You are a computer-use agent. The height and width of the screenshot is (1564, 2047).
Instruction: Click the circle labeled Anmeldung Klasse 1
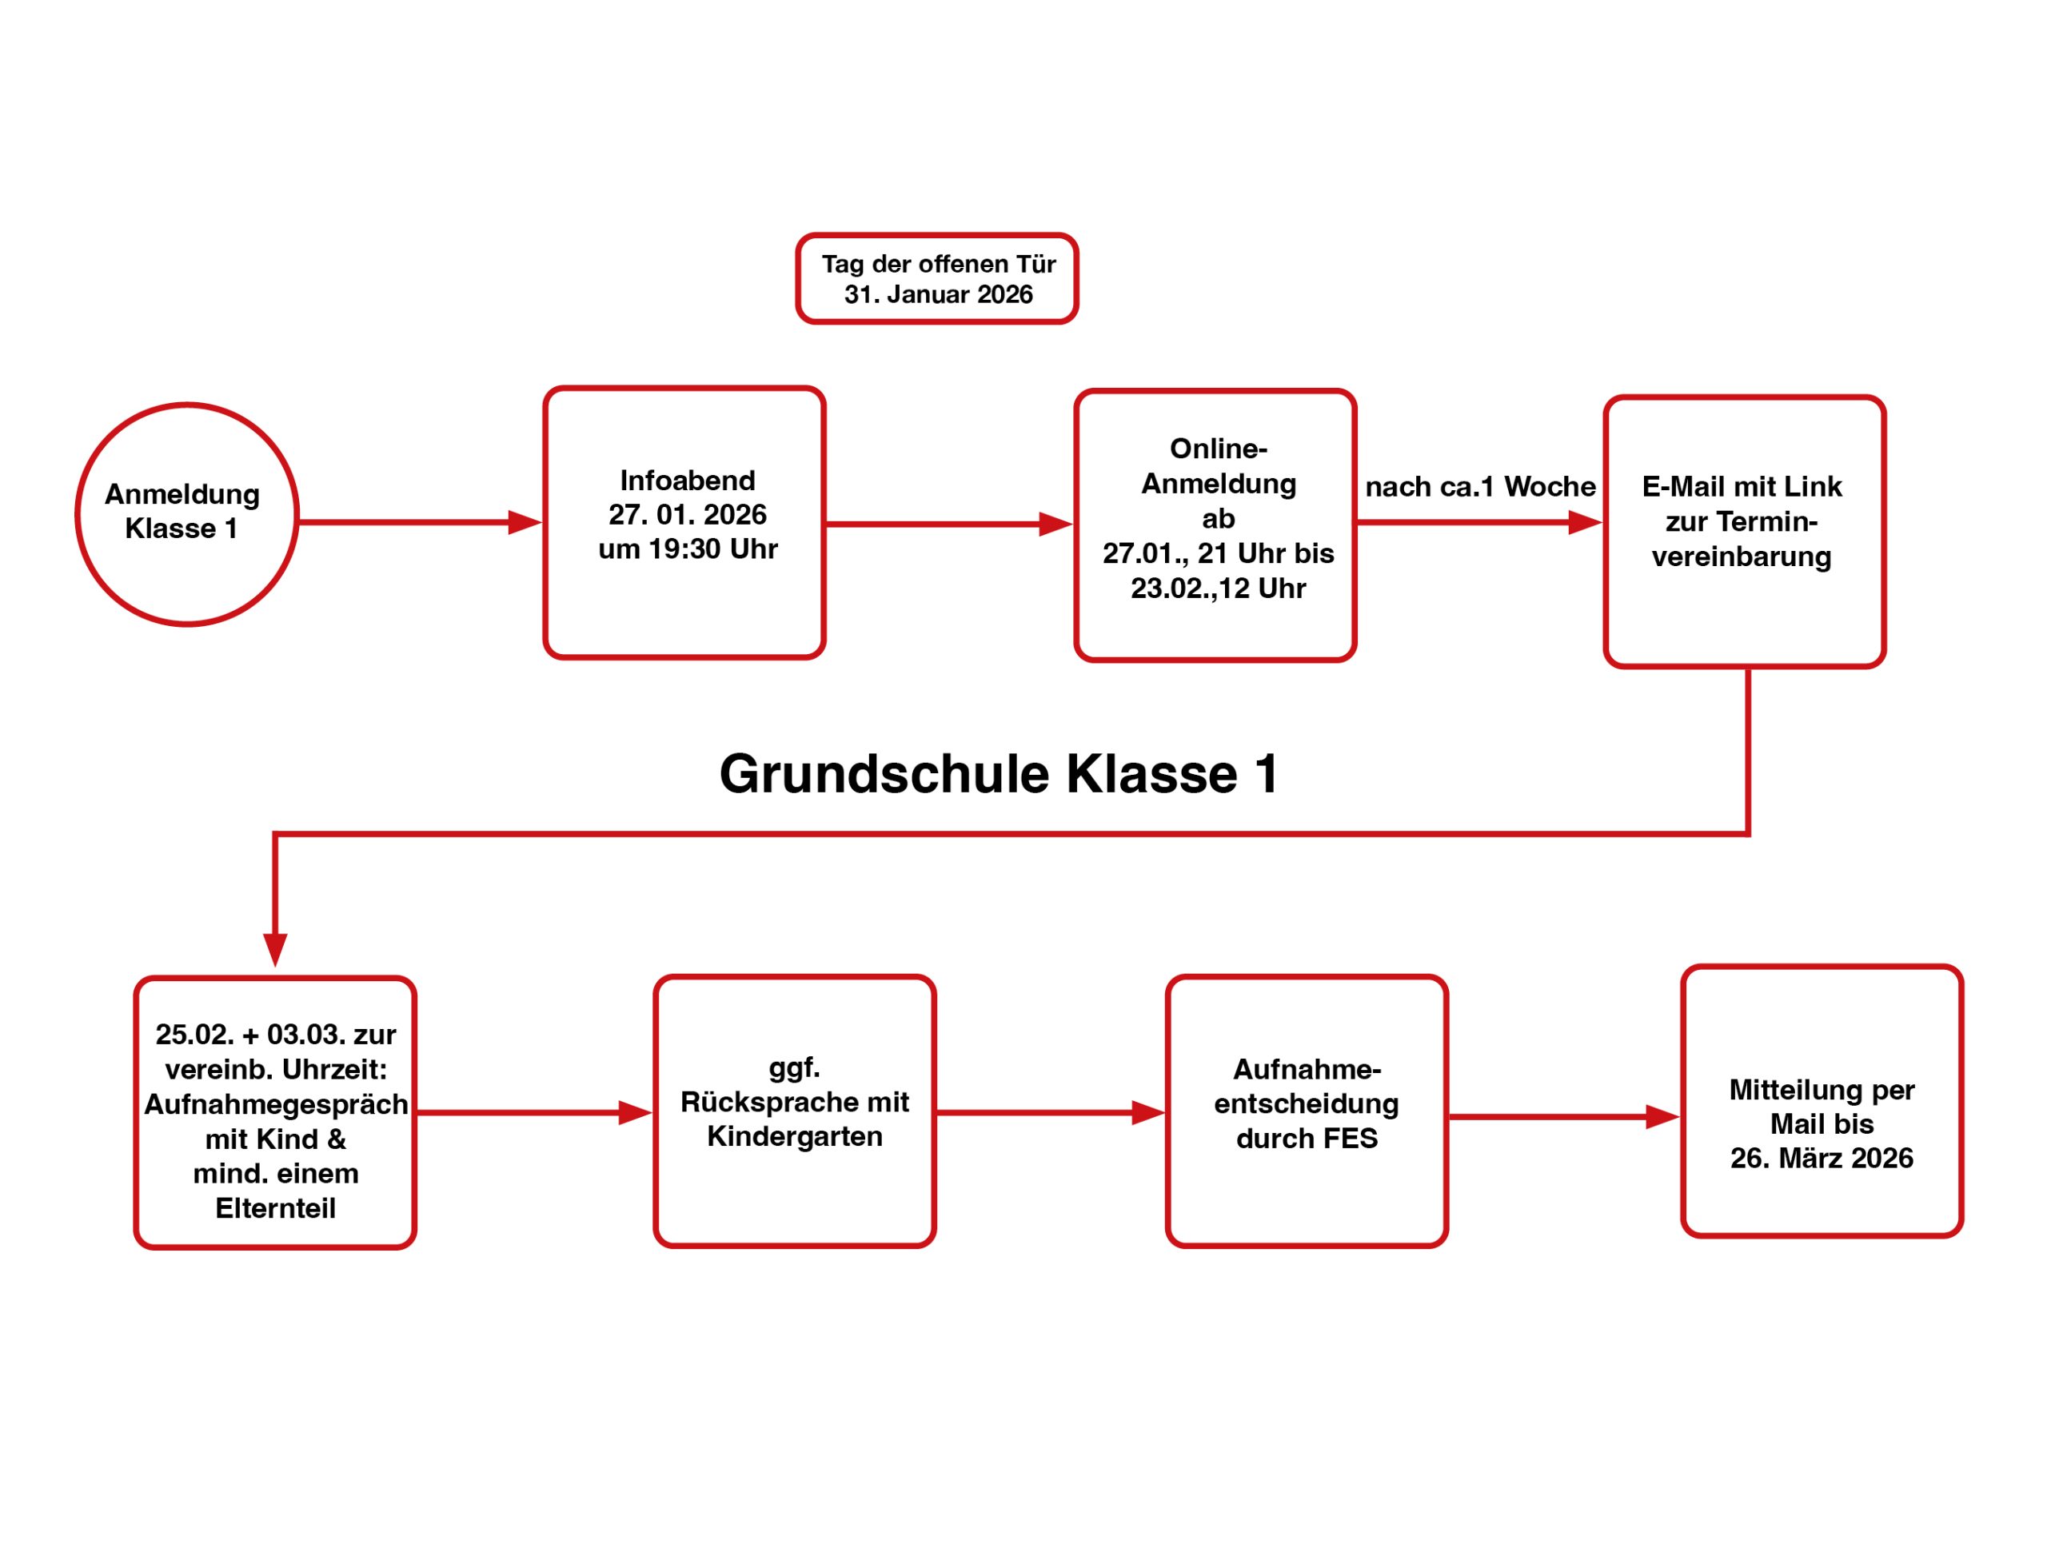tap(186, 514)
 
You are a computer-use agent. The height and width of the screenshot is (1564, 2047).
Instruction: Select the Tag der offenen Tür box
tap(936, 278)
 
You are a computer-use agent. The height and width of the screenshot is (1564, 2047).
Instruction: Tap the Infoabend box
tap(684, 522)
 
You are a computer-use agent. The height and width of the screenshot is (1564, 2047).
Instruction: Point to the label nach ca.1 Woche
tap(1479, 487)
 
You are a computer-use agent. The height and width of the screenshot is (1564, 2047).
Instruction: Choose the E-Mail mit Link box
tap(1743, 531)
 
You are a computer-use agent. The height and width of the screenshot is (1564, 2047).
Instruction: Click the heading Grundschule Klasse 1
tap(999, 775)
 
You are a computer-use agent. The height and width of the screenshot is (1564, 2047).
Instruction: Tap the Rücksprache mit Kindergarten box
tap(794, 1111)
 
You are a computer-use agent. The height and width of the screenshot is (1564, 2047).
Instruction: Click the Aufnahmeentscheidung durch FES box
tap(1306, 1111)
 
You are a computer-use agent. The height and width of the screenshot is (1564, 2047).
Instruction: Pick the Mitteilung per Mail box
tap(1822, 1101)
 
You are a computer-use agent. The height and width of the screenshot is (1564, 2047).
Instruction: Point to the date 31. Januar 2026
tap(938, 295)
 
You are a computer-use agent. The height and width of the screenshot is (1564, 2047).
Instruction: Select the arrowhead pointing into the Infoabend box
tap(524, 522)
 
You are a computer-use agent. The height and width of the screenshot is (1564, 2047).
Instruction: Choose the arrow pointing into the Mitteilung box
tap(1564, 1116)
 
